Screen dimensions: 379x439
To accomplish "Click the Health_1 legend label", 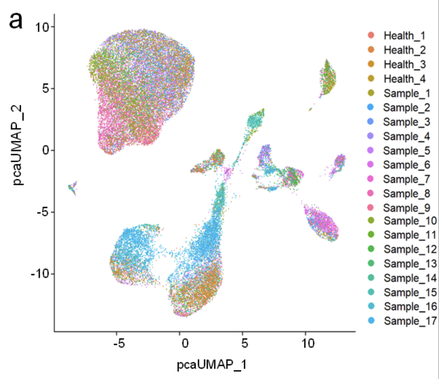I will [x=404, y=36].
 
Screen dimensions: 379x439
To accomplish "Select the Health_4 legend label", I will [x=404, y=79].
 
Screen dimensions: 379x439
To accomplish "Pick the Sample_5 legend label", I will [x=406, y=151].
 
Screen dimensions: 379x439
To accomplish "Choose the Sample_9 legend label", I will [x=406, y=208].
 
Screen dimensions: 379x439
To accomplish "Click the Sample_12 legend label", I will [x=410, y=249].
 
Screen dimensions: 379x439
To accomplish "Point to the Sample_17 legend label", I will [x=410, y=321].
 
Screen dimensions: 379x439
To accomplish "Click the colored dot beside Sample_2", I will [x=371, y=107].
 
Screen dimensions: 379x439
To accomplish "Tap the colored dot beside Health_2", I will [x=371, y=50].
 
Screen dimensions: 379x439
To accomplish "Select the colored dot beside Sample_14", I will [x=371, y=278].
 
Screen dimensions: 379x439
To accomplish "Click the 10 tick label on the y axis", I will [x=43, y=27].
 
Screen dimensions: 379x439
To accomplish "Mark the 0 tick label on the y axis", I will [x=46, y=150].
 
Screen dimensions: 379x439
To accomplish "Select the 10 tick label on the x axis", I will [x=308, y=343].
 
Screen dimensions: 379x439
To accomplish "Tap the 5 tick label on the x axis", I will [x=244, y=343].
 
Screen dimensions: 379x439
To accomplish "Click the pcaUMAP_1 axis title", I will [x=211, y=365].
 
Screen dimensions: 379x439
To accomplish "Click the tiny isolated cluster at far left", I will [x=72, y=187].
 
